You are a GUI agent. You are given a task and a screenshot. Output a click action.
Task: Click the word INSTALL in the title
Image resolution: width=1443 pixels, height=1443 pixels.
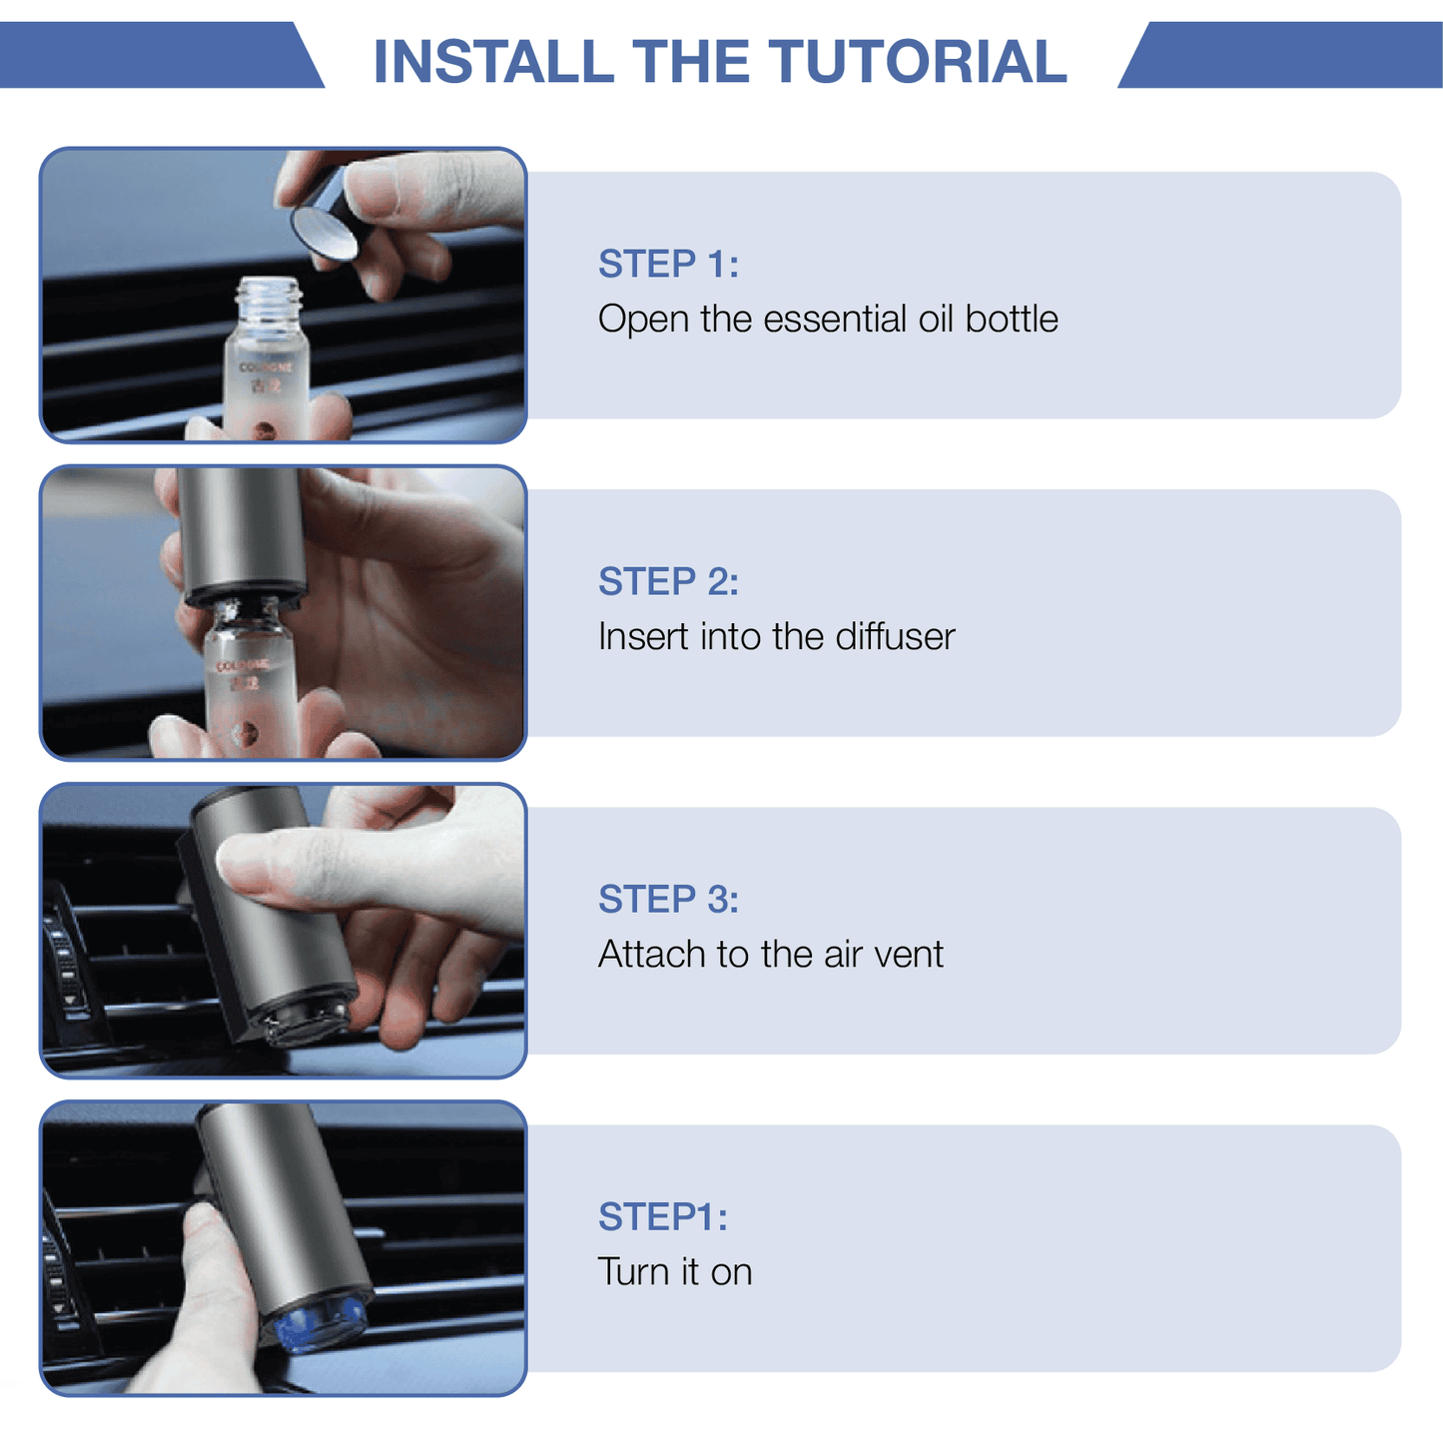(x=493, y=61)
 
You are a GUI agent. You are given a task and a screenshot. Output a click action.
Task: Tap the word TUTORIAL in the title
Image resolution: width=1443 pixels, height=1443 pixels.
(x=918, y=61)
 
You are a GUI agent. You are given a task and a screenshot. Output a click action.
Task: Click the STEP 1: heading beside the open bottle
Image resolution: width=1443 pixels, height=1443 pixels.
(x=668, y=264)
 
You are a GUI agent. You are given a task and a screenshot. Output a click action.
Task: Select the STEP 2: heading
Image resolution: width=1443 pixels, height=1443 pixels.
(x=668, y=581)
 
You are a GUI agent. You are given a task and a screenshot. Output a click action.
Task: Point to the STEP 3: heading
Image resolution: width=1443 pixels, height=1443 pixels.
(x=668, y=899)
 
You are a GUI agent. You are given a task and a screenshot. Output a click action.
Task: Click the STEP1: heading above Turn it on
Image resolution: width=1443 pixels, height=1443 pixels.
(x=663, y=1216)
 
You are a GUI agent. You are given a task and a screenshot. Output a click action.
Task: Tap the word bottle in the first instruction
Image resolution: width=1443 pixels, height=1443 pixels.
(x=1012, y=319)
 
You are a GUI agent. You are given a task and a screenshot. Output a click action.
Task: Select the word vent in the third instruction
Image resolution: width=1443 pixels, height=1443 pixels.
(x=908, y=955)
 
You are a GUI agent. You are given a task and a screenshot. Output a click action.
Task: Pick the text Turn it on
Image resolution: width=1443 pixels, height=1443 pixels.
(x=675, y=1271)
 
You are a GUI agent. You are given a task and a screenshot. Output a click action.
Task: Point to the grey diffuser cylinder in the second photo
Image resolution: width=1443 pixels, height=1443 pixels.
(x=242, y=534)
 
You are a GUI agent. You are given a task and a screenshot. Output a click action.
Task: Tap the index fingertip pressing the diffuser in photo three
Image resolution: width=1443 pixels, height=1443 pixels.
(x=240, y=861)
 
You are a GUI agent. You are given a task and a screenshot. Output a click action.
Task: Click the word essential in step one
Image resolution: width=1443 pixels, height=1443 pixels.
(x=835, y=319)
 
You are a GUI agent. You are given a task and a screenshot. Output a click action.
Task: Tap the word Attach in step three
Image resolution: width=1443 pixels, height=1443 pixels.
(x=651, y=954)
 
